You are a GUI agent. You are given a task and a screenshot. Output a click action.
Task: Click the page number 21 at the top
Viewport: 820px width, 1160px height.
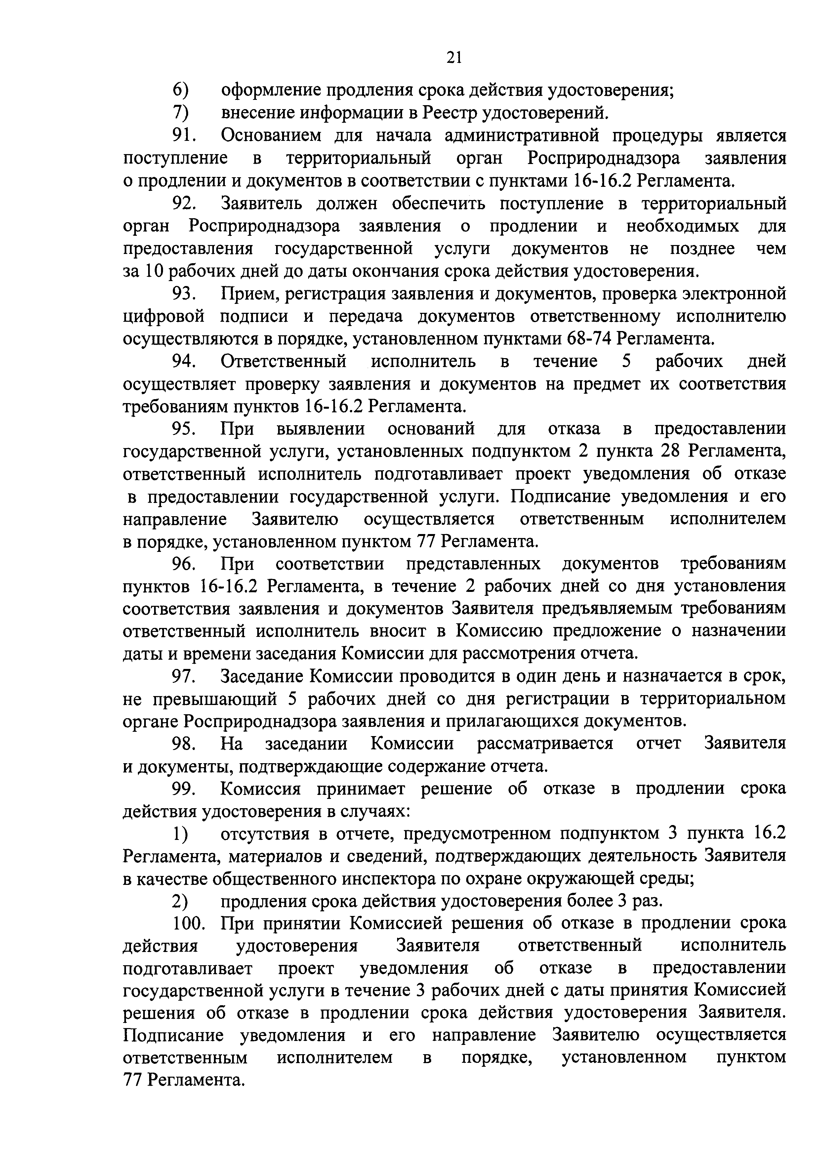click(x=453, y=58)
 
